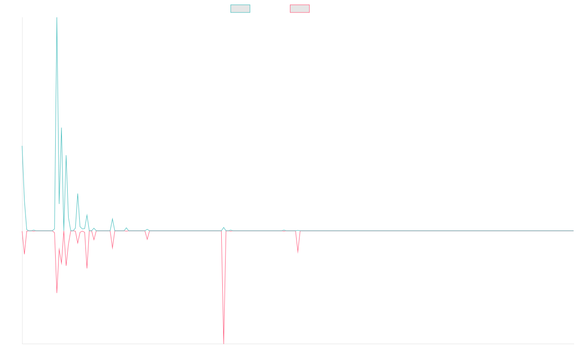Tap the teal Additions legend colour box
[x=240, y=9]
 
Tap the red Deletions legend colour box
[x=300, y=9]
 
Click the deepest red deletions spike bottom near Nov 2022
[x=224, y=343]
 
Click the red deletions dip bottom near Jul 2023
[x=298, y=252]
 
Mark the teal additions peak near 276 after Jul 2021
[x=61, y=128]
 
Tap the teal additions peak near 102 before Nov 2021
[x=77, y=194]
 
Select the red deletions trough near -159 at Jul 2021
[x=57, y=292]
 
